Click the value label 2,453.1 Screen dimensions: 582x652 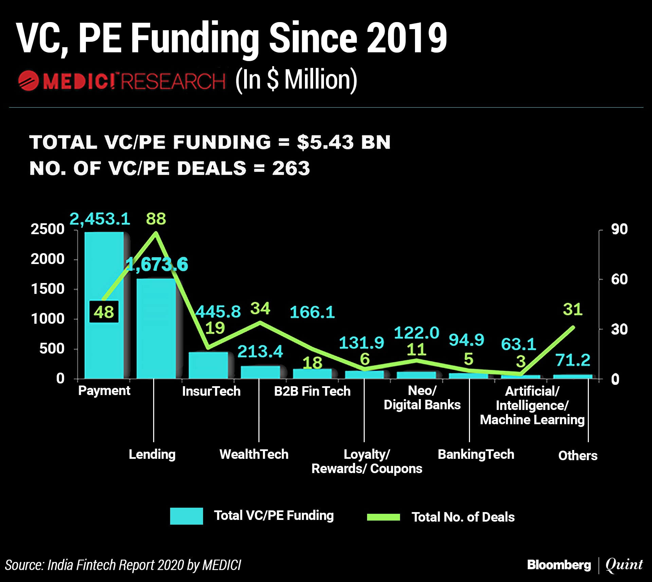pyautogui.click(x=100, y=219)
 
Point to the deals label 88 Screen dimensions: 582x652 pyautogui.click(x=156, y=219)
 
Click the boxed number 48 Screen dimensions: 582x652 pyautogui.click(x=104, y=312)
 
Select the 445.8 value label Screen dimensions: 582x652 pyautogui.click(x=218, y=312)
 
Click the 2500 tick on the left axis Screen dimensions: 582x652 pyautogui.click(x=48, y=229)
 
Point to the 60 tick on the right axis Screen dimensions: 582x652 pyautogui.click(x=619, y=279)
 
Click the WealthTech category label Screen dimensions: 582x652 pyautogui.click(x=254, y=454)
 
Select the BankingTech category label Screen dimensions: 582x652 pyautogui.click(x=476, y=454)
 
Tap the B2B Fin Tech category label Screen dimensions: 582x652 pyautogui.click(x=312, y=391)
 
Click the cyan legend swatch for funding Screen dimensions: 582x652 pyautogui.click(x=186, y=516)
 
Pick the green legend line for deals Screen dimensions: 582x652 pyautogui.click(x=383, y=517)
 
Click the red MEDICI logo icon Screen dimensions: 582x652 pyautogui.click(x=29, y=81)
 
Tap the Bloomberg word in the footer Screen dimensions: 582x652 pyautogui.click(x=559, y=565)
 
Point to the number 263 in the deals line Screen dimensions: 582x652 pyautogui.click(x=291, y=168)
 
